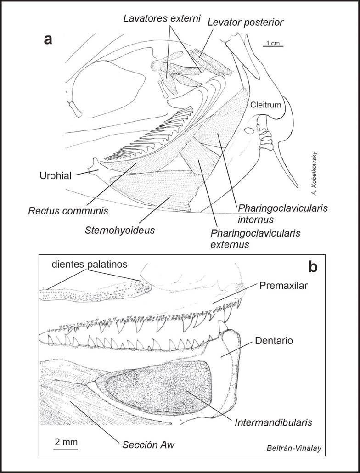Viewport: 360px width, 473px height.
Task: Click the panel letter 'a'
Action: point(48,39)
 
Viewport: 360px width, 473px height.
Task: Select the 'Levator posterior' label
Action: point(245,22)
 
